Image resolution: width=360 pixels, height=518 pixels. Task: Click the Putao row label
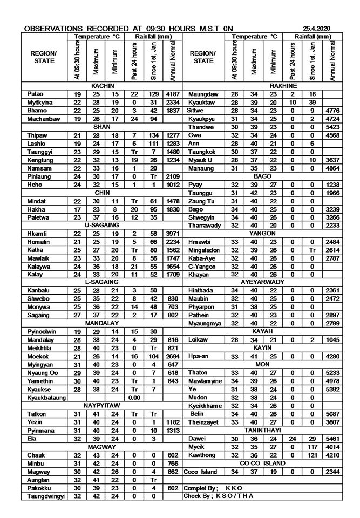[x=36, y=94]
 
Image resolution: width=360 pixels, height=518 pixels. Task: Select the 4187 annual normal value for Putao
[x=173, y=94]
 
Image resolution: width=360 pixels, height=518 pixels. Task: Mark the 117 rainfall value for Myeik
[x=312, y=447]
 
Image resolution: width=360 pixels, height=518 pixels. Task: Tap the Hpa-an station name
[x=198, y=357]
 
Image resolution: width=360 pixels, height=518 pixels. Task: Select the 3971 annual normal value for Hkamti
[x=173, y=233]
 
